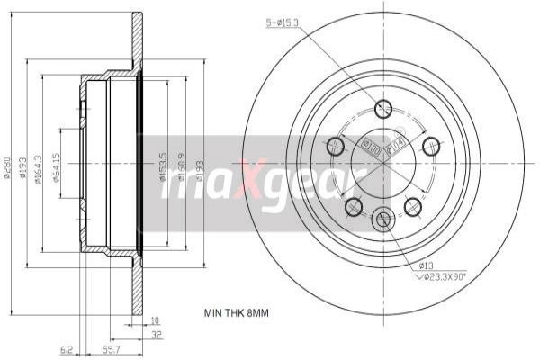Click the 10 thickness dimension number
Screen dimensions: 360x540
pos(155,319)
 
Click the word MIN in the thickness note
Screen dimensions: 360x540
pos(214,313)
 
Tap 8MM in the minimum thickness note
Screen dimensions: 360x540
pos(257,313)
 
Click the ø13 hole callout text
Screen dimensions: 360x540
pos(426,265)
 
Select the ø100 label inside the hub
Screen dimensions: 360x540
pos(369,143)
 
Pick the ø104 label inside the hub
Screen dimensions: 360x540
pos(394,144)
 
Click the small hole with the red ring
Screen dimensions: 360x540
pos(383,218)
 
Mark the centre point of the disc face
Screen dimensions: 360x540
pos(384,161)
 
